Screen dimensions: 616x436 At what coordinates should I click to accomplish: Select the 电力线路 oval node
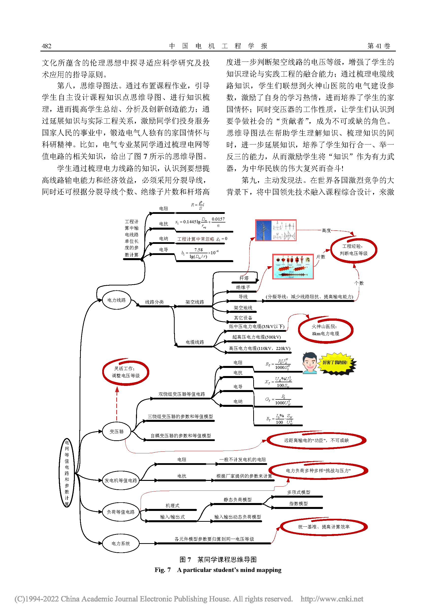[x=117, y=300]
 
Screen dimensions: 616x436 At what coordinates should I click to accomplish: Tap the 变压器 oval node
[x=117, y=431]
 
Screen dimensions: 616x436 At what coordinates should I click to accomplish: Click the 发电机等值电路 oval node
[x=120, y=480]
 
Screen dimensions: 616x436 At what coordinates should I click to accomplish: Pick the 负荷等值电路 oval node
[x=120, y=512]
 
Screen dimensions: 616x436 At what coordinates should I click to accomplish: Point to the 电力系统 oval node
[x=120, y=543]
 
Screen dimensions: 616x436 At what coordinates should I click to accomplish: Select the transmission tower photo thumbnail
[x=275, y=230]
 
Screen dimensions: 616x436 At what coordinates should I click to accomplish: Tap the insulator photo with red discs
[x=293, y=267]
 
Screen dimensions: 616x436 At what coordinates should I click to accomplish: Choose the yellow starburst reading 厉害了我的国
[x=335, y=363]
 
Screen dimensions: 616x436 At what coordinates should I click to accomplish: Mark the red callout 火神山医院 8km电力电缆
[x=325, y=330]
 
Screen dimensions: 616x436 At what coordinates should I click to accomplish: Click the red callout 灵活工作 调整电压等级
[x=126, y=372]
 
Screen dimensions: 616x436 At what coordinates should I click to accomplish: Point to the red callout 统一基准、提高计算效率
[x=323, y=527]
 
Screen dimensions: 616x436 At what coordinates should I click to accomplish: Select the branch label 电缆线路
[x=195, y=342]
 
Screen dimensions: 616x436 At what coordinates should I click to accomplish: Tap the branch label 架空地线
[x=243, y=308]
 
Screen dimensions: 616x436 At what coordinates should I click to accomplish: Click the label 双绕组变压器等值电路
[x=182, y=394]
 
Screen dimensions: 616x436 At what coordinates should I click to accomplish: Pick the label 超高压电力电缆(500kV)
[x=256, y=337]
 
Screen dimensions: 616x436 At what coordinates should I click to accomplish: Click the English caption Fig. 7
[x=162, y=569]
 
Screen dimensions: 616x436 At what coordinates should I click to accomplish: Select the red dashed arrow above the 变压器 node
[x=117, y=404]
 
